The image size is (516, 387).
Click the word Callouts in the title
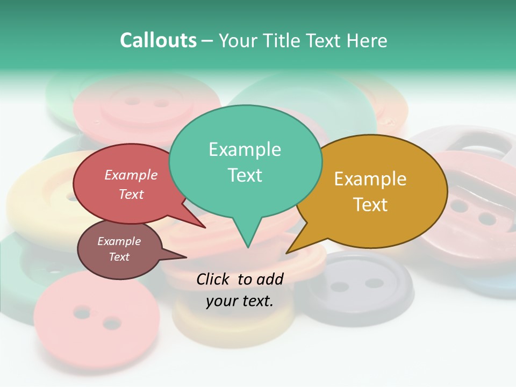158,40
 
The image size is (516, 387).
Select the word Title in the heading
284,40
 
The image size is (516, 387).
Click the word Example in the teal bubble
245,149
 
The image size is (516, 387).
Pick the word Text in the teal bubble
245,175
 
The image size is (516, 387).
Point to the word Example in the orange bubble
370,179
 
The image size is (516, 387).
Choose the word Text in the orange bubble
370,205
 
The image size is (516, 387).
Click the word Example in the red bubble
131,175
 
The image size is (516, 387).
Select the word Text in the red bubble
131,195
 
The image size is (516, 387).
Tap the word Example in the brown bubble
119,241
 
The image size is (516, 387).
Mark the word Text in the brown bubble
119,257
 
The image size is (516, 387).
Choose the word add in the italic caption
270,279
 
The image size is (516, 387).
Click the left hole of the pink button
82,312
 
